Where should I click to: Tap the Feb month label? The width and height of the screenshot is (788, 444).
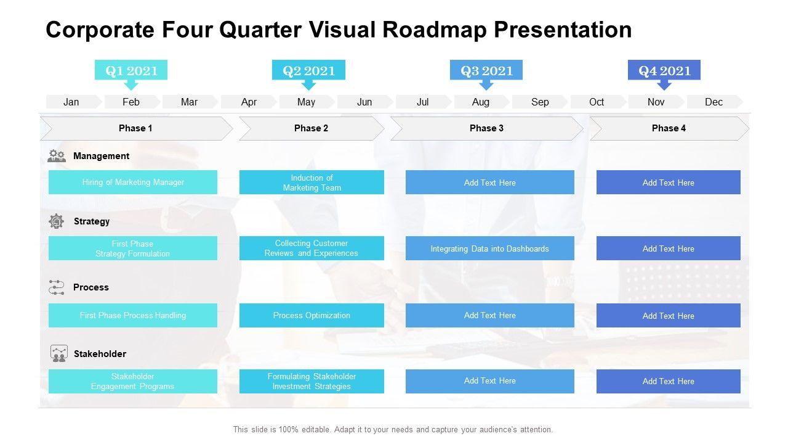(131, 102)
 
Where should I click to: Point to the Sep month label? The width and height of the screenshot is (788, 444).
(540, 102)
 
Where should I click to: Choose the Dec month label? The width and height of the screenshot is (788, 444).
(714, 102)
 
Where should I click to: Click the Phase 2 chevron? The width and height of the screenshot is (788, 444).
(312, 128)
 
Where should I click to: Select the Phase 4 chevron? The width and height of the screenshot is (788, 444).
(669, 128)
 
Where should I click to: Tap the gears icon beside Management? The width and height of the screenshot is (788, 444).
(57, 156)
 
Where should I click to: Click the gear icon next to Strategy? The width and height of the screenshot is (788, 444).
(56, 221)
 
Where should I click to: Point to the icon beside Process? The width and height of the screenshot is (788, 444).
(56, 287)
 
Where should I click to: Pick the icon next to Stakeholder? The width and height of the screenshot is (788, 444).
(58, 353)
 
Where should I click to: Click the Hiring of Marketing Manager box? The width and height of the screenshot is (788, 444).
(133, 182)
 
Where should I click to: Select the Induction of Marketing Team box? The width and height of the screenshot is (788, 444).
(312, 182)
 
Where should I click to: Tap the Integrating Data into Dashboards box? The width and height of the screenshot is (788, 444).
(489, 248)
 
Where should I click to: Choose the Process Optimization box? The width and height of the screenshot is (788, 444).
(312, 315)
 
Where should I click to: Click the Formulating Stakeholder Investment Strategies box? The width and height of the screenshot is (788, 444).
(312, 381)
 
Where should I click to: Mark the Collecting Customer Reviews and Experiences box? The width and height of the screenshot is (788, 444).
(312, 248)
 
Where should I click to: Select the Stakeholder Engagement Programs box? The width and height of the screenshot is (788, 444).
(133, 381)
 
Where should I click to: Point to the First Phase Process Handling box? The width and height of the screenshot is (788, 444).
(133, 315)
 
